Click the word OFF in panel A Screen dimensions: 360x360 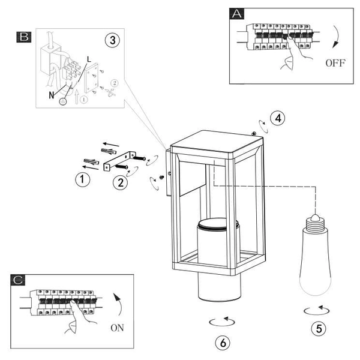tap(335, 62)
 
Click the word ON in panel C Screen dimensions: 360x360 tap(117, 328)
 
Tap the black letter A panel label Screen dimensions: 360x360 tap(237, 14)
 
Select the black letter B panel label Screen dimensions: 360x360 tap(24, 37)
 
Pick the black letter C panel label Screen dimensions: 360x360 tap(17, 280)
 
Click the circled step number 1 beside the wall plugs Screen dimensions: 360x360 tap(83, 179)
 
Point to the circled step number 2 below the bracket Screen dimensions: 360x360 tap(121, 183)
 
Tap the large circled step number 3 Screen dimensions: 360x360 tap(113, 40)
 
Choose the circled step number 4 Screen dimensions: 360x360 tap(278, 118)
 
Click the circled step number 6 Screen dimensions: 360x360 tap(223, 343)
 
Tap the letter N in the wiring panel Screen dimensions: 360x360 tap(52, 95)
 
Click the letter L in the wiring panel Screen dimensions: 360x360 tap(89, 59)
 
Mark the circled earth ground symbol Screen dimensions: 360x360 tap(63, 101)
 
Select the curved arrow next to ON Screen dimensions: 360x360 tap(119, 304)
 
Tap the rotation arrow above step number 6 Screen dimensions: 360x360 tap(222, 322)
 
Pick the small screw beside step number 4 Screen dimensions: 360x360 tap(254, 133)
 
